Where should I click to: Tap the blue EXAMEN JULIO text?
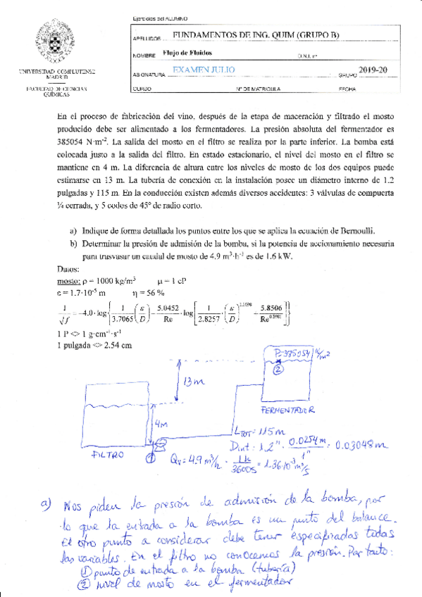tap(204, 70)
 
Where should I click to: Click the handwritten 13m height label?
tap(194, 382)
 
